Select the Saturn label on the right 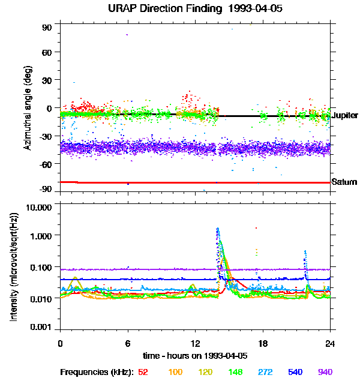coord(344,182)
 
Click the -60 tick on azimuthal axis coord(45,163)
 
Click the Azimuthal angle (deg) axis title coord(28,109)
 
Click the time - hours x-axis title coord(195,355)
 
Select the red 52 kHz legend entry coord(143,373)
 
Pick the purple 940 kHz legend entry coord(324,373)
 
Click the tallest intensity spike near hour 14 coord(217,229)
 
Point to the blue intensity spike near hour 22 coord(305,252)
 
